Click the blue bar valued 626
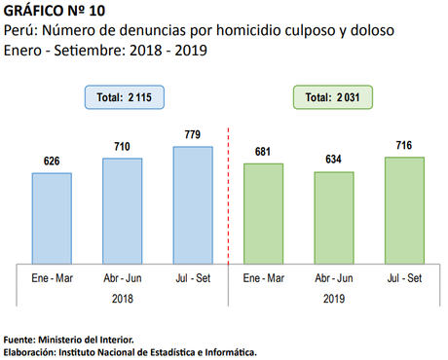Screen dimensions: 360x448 (52, 217)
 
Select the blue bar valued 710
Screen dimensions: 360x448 (122, 209)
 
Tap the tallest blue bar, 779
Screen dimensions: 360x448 (193, 204)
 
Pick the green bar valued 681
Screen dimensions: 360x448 (263, 212)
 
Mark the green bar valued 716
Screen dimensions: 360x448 (404, 209)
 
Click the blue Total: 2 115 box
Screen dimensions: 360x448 (122, 97)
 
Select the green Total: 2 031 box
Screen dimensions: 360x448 (334, 97)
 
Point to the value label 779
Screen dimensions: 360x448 (193, 135)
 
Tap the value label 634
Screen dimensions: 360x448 (334, 161)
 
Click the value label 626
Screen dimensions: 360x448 (52, 162)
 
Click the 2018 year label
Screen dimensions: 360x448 (122, 299)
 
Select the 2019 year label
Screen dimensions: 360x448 (334, 299)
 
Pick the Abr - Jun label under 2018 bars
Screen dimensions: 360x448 (122, 278)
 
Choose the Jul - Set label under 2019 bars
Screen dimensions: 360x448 (404, 278)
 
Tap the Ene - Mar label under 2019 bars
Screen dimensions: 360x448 (263, 278)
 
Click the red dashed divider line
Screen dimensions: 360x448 (228, 195)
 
